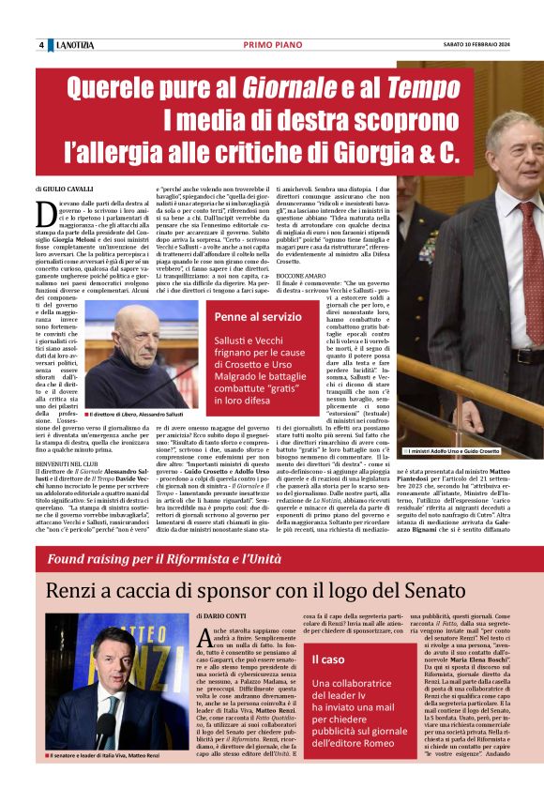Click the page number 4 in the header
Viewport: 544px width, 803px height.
point(41,46)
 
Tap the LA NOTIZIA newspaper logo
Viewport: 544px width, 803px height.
point(74,46)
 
